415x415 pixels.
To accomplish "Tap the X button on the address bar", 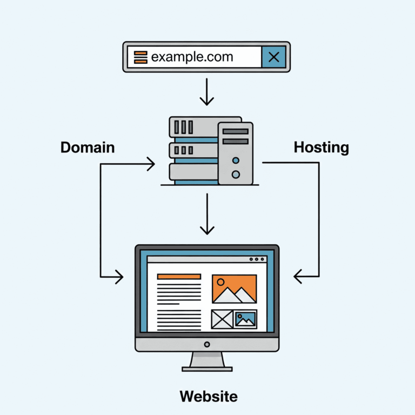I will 273,57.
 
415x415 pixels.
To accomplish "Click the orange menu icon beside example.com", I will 140,57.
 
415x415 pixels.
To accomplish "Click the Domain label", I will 88,148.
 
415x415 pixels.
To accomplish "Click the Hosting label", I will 321,147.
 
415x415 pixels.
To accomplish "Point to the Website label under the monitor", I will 208,396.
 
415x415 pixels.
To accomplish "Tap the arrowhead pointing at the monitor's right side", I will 299,277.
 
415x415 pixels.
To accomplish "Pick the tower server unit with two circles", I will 235,152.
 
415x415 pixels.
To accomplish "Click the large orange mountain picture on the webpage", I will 234,289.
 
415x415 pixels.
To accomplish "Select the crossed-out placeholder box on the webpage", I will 222,319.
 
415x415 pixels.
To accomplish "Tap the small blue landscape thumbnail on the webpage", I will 246,319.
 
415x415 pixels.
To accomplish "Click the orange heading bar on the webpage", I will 179,276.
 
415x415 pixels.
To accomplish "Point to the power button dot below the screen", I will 207,344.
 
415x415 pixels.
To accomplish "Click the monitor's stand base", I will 207,369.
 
